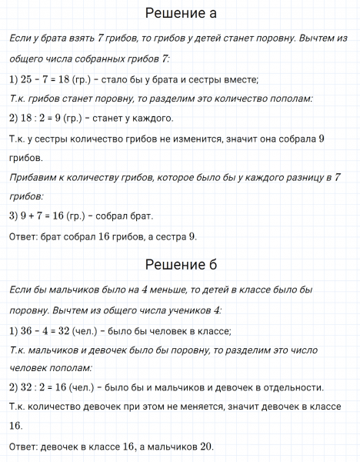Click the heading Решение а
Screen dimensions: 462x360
(180, 14)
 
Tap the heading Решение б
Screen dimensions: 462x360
(180, 265)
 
